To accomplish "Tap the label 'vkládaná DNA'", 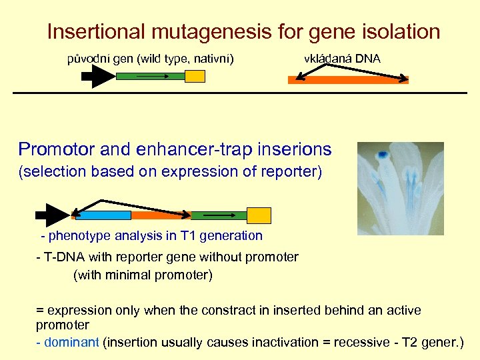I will pyautogui.click(x=342, y=59).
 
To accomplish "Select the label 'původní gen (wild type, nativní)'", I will pyautogui.click(x=151, y=59).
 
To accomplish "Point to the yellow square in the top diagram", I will pyautogui.click(x=195, y=77).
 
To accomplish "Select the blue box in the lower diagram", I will pyautogui.click(x=103, y=215).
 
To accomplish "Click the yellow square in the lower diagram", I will pyautogui.click(x=259, y=215).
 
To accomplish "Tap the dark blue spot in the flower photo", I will pyautogui.click(x=383, y=155).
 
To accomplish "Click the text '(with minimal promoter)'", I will pyautogui.click(x=143, y=275).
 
